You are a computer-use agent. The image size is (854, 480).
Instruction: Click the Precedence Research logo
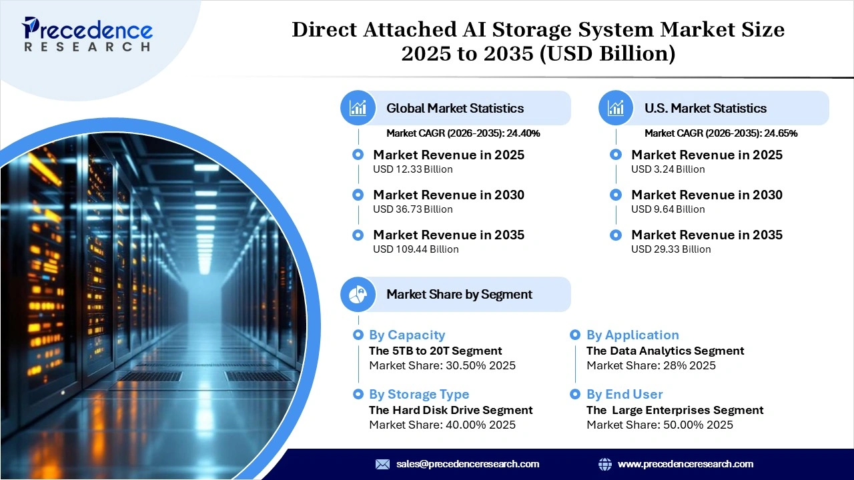tap(87, 34)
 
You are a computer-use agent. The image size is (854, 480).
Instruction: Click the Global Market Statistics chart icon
tap(358, 108)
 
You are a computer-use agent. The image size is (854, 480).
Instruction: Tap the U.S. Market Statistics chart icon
tap(616, 108)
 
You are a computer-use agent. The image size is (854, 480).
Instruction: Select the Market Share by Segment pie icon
tap(358, 294)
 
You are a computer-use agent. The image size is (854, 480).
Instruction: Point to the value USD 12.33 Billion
tap(412, 169)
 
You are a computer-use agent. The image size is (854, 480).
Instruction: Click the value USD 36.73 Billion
tap(412, 209)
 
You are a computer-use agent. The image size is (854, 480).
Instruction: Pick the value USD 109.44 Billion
tap(416, 249)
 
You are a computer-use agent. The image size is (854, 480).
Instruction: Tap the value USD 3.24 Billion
tap(668, 169)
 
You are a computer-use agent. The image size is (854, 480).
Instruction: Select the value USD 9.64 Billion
tap(668, 209)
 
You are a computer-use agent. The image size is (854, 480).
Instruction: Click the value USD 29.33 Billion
tap(671, 249)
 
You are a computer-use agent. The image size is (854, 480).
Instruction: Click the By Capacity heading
tap(407, 335)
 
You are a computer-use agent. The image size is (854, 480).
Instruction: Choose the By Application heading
tap(632, 335)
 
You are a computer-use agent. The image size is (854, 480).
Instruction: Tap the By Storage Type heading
tap(419, 395)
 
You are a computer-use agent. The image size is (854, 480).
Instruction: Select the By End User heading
tap(624, 395)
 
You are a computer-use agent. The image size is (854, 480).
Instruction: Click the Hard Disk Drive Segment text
tap(451, 410)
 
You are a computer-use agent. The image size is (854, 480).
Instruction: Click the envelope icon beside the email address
tap(382, 464)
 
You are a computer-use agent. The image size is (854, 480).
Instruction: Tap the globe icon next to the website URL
tap(605, 464)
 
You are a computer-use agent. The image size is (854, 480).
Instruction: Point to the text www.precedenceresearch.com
tap(685, 464)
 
